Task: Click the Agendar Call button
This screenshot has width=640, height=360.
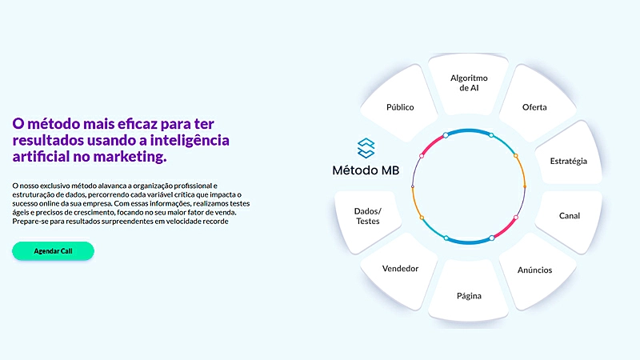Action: coord(53,251)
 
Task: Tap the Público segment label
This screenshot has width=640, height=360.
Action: coord(400,107)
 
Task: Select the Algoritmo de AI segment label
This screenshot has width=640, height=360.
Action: coord(469,83)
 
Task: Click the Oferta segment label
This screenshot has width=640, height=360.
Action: coord(534,107)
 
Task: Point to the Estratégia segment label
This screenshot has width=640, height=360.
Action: coord(568,161)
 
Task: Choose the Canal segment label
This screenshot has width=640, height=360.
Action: coord(570,216)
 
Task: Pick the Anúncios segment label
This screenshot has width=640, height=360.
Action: coord(534,270)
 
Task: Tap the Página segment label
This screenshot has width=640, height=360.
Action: coord(469,295)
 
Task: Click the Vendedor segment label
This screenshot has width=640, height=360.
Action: coord(400,269)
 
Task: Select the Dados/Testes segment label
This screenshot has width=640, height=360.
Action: coord(368,216)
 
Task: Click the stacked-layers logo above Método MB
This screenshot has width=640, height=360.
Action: coord(366,148)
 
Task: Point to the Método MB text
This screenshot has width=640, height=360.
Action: coord(366,170)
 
